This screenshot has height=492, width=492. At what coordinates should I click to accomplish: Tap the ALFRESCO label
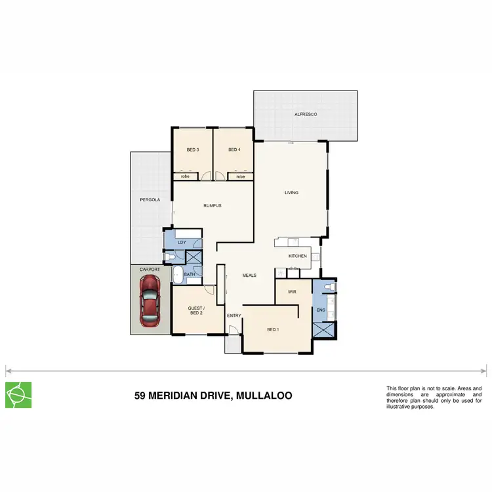point(306,114)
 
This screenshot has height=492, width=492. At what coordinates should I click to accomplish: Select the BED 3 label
point(193,150)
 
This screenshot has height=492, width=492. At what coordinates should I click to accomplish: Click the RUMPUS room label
point(213,205)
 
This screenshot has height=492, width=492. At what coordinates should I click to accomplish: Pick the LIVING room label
point(291,193)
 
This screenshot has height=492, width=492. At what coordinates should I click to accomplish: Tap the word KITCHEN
point(298,256)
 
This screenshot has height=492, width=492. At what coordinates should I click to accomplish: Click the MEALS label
point(249,276)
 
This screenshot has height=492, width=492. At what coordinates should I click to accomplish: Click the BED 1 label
point(274,329)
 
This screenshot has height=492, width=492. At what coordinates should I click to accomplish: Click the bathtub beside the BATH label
point(177,274)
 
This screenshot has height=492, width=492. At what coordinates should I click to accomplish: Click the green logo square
point(18,394)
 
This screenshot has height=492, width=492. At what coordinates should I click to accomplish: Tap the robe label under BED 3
point(186,176)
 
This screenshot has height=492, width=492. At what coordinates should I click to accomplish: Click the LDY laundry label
point(182,243)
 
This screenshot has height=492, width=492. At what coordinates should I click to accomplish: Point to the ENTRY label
point(234,316)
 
